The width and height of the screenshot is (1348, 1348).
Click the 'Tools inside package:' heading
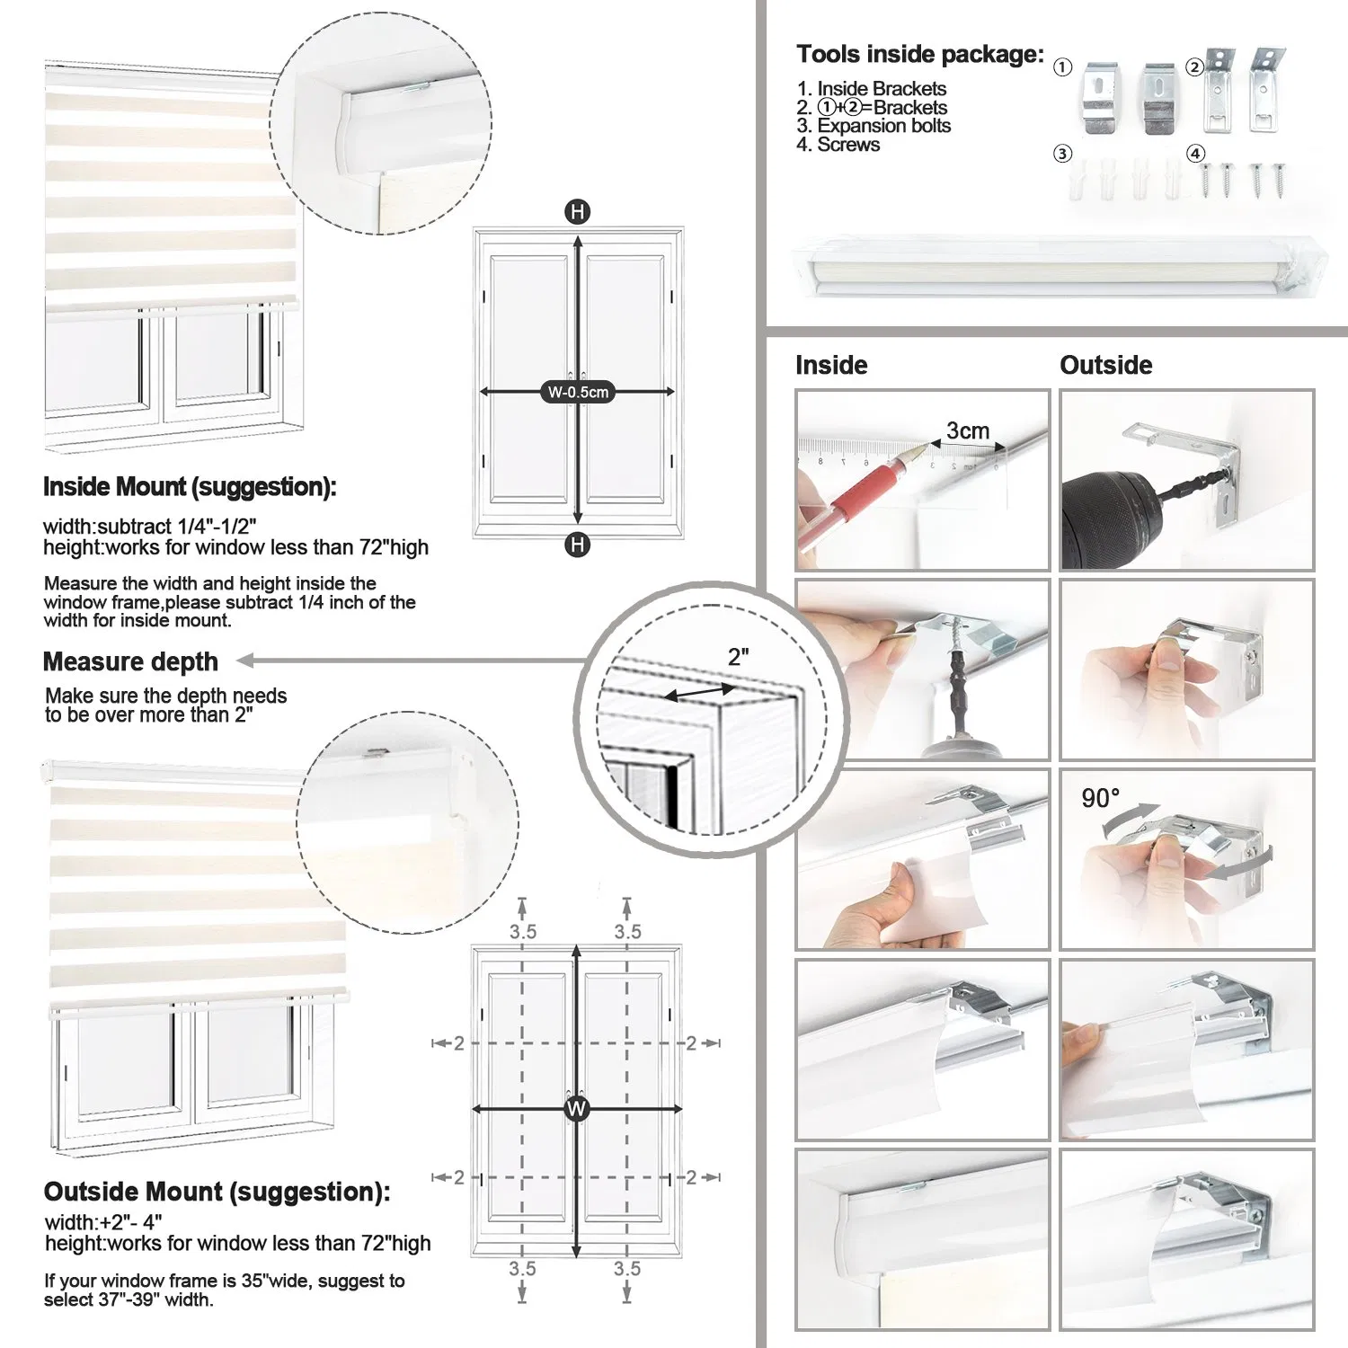(x=919, y=55)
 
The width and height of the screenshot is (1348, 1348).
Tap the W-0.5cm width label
(x=578, y=392)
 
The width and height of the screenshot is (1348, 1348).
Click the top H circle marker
(x=577, y=212)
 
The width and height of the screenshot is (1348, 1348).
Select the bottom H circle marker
(x=577, y=544)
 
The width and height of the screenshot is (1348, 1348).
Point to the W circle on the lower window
(x=576, y=1108)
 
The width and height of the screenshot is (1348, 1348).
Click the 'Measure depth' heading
(x=130, y=661)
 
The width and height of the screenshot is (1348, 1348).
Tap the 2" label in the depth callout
(x=738, y=657)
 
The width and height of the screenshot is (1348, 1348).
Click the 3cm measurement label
(x=967, y=431)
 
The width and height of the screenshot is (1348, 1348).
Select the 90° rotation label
(x=1100, y=798)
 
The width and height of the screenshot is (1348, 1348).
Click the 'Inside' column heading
(x=831, y=365)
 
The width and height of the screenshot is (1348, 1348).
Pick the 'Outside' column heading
(x=1105, y=365)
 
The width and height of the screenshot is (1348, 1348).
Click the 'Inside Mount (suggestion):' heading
(x=190, y=487)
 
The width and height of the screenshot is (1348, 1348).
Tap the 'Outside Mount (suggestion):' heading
(x=217, y=1192)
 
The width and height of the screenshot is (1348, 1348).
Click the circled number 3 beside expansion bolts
(x=1062, y=154)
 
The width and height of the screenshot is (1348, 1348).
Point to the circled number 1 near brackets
(x=1062, y=67)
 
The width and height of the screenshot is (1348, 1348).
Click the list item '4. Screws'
(x=838, y=145)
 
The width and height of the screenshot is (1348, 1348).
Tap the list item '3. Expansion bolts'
(x=873, y=126)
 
